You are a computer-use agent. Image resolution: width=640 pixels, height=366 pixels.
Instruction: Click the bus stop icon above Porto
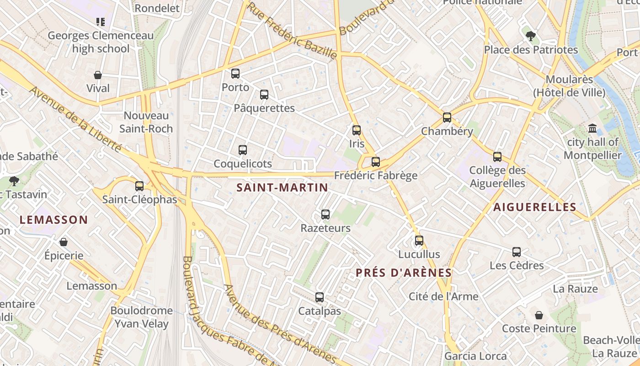pos(235,73)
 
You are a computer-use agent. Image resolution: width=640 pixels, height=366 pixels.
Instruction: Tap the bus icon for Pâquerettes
pos(264,95)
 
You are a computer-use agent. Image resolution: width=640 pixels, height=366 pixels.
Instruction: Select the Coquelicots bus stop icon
pos(243,150)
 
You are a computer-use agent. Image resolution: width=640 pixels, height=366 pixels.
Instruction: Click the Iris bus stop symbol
pos(357,130)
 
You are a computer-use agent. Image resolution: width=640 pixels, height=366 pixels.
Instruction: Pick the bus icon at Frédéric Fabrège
pos(376,161)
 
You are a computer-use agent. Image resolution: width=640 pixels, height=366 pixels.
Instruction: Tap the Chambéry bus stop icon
pos(447,118)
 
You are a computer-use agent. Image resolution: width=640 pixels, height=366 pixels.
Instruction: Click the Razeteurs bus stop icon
pos(325,214)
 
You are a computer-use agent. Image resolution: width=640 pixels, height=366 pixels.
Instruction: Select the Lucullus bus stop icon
pos(419,240)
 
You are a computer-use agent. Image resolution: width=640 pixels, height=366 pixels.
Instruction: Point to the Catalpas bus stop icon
pos(320,297)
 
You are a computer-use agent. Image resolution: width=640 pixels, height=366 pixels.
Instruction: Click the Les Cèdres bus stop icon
pos(517,252)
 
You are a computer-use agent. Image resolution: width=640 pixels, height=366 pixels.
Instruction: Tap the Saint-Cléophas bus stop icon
pos(139,186)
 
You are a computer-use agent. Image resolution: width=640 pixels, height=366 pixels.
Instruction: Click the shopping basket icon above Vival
pos(98,75)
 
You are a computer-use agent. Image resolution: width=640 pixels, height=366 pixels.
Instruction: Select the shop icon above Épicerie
pos(64,242)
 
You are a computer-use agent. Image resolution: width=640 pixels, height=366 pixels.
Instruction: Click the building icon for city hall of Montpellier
pos(592,128)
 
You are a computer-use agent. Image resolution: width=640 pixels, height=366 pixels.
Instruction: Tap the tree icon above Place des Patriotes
pos(530,36)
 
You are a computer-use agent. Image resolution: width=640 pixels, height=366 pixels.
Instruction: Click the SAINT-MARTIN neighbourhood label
pos(282,188)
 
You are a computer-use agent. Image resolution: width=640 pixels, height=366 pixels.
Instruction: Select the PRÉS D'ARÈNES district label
pos(404,273)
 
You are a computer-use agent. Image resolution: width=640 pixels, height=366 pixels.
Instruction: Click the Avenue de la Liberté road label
pos(75,118)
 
